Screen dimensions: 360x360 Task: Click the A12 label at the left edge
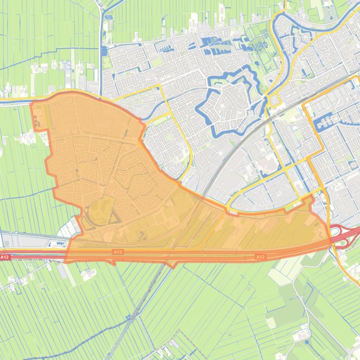click(5, 257)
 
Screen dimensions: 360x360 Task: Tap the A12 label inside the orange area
click(118, 252)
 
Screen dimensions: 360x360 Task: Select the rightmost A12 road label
click(260, 257)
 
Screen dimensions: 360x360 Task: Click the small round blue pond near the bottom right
click(307, 342)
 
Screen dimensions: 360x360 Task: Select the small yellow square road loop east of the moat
click(273, 100)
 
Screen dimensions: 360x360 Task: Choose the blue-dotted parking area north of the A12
click(56, 243)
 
